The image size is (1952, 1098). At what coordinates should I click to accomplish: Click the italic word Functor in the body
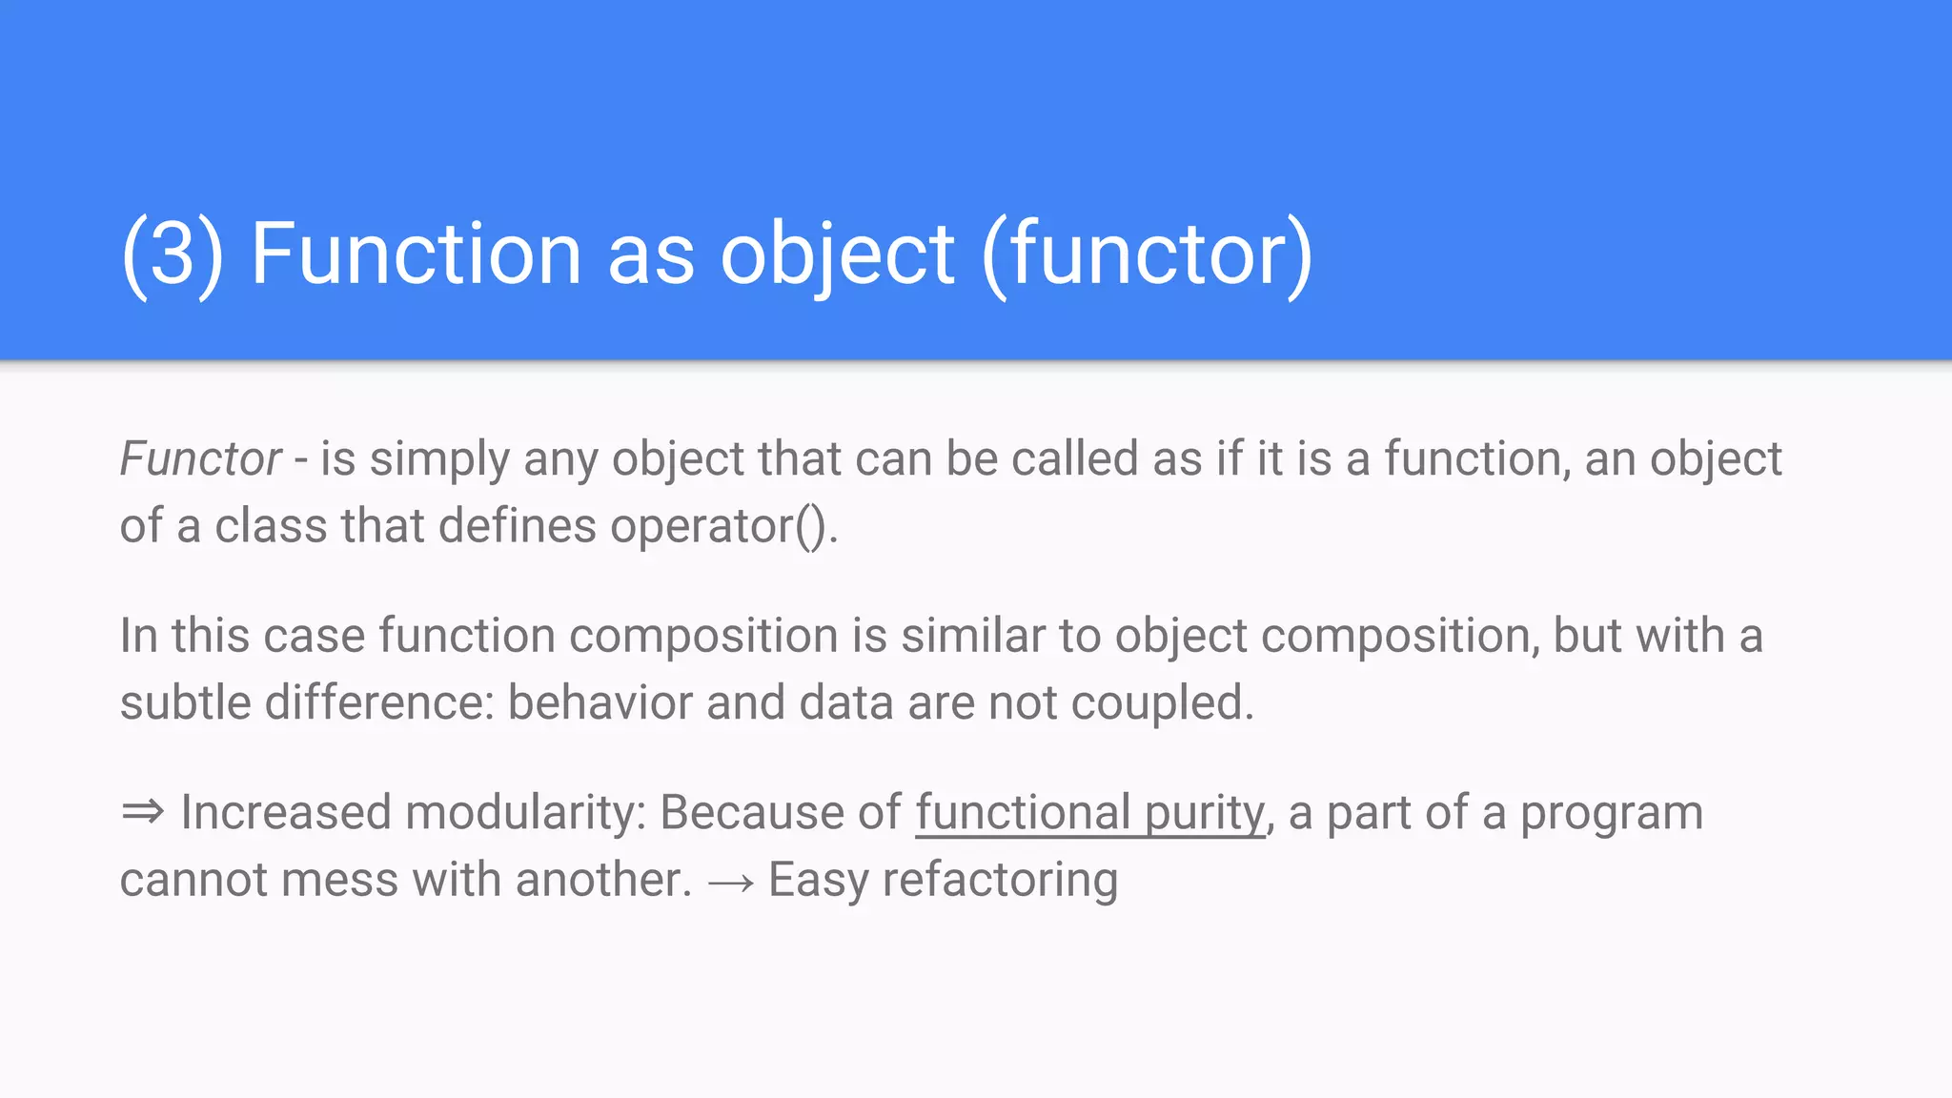coord(200,459)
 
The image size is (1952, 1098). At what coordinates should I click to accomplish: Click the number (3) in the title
coord(173,254)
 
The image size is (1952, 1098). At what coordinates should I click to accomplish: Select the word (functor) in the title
coord(1147,254)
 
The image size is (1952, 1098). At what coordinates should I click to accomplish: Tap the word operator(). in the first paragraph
coord(723,526)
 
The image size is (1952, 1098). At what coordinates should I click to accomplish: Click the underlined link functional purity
coord(1089,813)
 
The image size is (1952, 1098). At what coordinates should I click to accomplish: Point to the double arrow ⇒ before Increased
coord(143,813)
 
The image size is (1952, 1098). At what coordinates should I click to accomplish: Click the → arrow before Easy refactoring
coord(730,882)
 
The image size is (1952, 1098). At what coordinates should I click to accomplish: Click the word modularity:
coord(525,813)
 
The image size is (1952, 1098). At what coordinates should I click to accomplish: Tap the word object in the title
coord(837,254)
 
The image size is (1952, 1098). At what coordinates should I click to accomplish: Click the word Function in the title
coord(416,254)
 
